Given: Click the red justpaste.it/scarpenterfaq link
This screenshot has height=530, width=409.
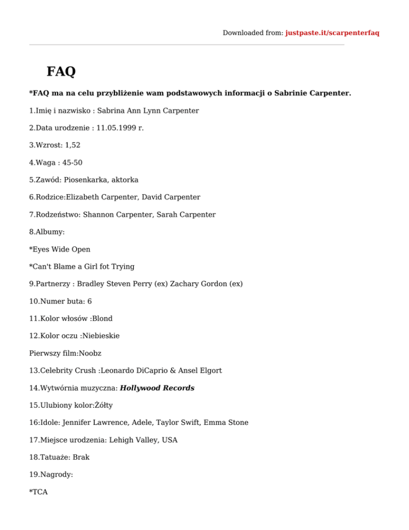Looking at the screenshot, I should tap(332, 33).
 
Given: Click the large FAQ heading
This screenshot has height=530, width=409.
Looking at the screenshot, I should tap(61, 71).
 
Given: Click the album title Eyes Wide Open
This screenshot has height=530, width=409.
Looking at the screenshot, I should tap(61, 249).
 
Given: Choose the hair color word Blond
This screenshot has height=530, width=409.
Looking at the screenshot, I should tap(102, 318).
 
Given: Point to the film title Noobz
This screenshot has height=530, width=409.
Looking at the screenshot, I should tap(91, 353).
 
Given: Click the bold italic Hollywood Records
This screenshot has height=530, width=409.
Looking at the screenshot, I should tap(157, 388).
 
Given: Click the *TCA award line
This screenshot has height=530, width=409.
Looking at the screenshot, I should tap(38, 492).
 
